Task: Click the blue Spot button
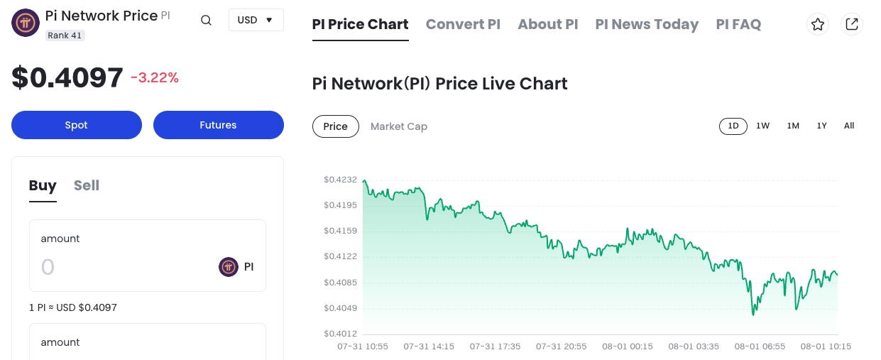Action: (77, 125)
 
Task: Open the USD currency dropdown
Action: (256, 20)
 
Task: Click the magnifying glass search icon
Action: (206, 21)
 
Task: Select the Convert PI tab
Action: (463, 24)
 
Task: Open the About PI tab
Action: (547, 24)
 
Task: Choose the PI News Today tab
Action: (647, 24)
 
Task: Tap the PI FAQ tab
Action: (738, 24)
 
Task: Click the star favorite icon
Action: (818, 24)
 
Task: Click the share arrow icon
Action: (852, 24)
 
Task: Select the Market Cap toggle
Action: (399, 126)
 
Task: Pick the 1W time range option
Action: (762, 126)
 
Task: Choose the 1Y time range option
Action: (821, 126)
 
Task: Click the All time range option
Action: (849, 126)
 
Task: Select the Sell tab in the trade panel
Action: (87, 185)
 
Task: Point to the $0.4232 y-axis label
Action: (341, 180)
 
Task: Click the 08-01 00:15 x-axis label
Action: (627, 347)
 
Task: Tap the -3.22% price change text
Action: (155, 78)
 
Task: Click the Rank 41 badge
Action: (65, 35)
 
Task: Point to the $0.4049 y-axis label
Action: (341, 308)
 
